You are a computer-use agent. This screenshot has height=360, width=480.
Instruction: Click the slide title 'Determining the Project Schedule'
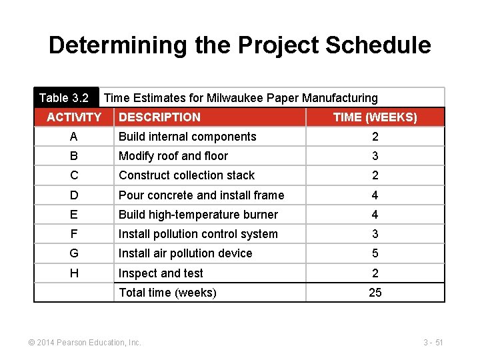click(239, 45)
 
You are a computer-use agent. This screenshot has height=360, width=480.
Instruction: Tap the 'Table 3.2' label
click(64, 98)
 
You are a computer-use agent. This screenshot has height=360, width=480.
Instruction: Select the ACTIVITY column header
click(74, 117)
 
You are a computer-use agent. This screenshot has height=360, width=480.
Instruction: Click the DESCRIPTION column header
click(159, 117)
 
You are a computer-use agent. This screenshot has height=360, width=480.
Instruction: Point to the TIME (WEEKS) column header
click(375, 117)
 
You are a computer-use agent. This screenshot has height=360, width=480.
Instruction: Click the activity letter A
click(74, 137)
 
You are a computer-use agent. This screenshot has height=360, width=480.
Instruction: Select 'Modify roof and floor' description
click(173, 156)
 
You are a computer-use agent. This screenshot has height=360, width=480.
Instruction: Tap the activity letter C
click(74, 175)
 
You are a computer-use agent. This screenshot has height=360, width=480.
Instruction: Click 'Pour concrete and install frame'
click(201, 195)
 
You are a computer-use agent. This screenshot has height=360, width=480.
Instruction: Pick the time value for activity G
click(375, 253)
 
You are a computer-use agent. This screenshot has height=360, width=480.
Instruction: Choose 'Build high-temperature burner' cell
click(198, 215)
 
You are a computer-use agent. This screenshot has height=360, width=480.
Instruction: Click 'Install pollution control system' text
click(198, 234)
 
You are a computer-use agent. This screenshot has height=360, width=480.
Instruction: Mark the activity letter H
click(74, 273)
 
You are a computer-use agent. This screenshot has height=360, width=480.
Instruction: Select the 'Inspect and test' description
click(161, 273)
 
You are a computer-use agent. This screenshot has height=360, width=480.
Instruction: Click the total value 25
click(375, 293)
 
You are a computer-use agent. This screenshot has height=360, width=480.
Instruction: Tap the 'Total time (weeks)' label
click(167, 293)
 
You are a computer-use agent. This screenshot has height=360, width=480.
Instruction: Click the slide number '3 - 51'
click(433, 343)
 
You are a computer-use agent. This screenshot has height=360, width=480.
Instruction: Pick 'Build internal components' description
click(187, 137)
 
